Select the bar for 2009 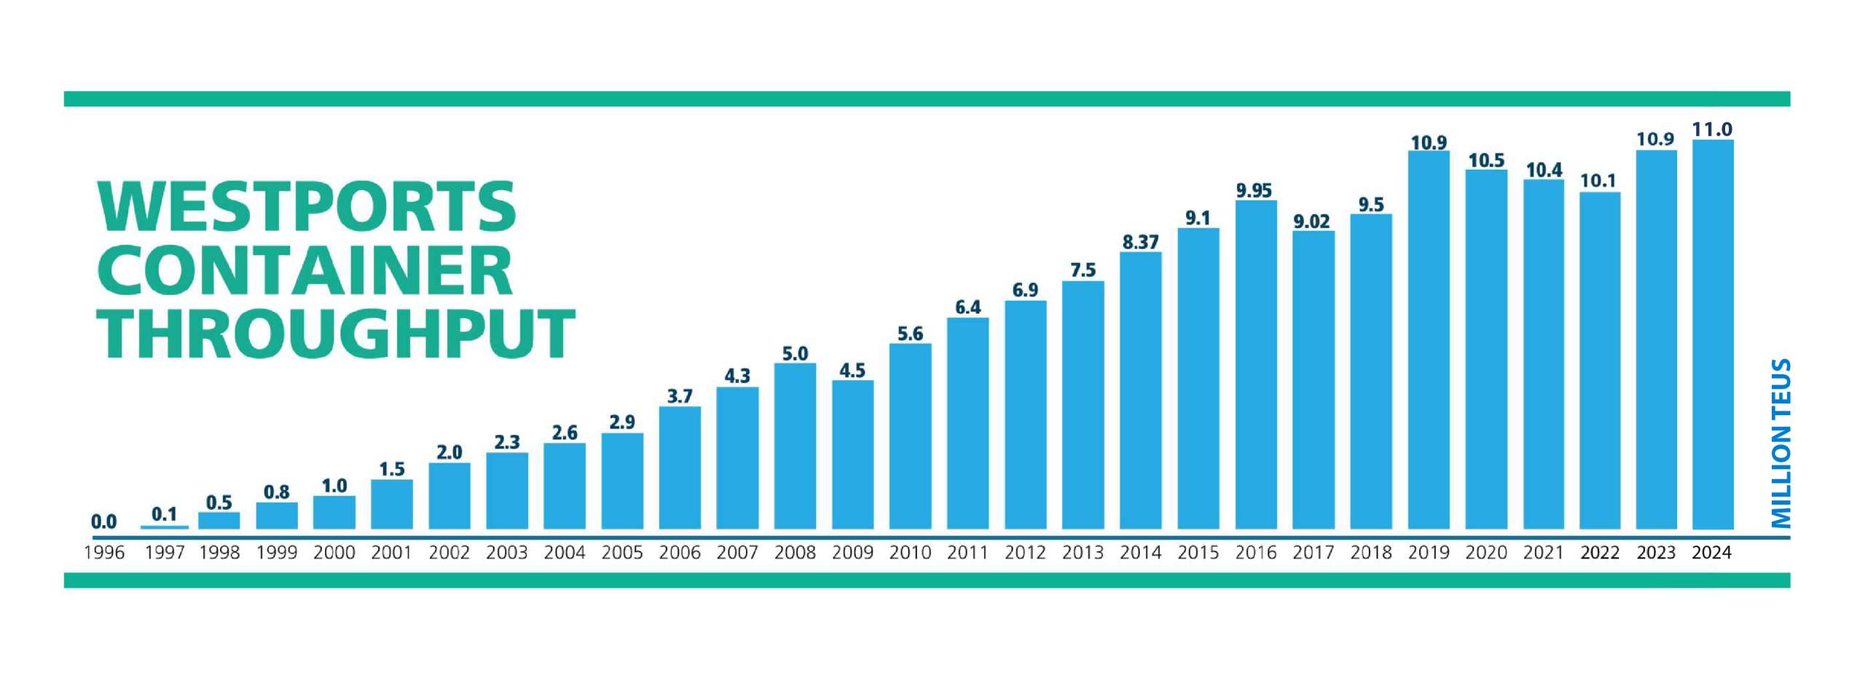(852, 454)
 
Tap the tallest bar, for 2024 (1712, 334)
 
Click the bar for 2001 (391, 504)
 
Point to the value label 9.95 (1254, 191)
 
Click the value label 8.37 (1140, 243)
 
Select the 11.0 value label (1712, 130)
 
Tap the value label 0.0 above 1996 (103, 521)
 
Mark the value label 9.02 (1311, 221)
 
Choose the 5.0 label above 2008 (795, 354)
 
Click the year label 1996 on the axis (104, 553)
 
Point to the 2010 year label (910, 553)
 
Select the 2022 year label (1600, 553)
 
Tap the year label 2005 (622, 553)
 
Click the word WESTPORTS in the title (307, 207)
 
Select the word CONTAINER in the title (305, 271)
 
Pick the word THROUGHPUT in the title (336, 334)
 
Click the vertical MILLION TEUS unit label (1780, 443)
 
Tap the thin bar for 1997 (165, 527)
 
